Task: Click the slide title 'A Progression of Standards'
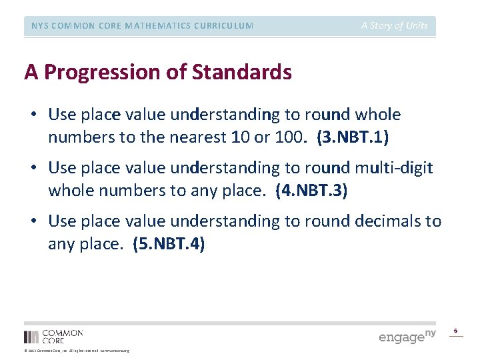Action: tap(158, 72)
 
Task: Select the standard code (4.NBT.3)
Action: tap(311, 191)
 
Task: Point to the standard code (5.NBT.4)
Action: tap(169, 245)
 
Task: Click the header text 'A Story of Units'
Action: tap(395, 26)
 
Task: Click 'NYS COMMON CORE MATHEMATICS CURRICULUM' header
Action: tap(143, 26)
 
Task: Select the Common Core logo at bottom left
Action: tap(53, 336)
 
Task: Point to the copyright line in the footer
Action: tap(77, 351)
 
